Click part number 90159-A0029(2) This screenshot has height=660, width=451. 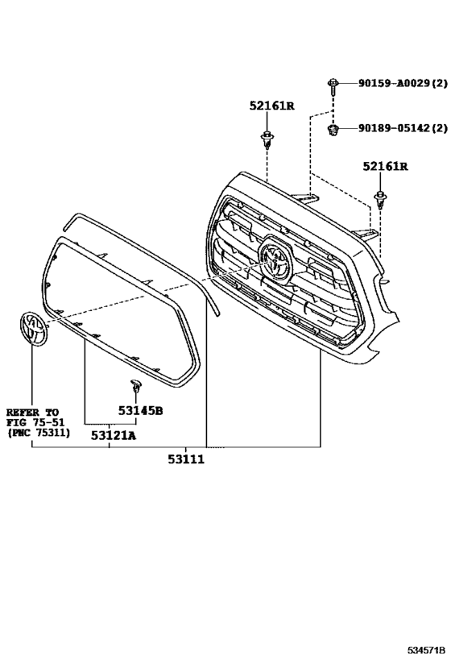tap(403, 83)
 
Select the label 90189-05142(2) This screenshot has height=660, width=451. tap(403, 127)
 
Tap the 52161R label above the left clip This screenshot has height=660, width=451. tap(271, 106)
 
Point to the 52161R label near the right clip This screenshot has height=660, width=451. tap(386, 167)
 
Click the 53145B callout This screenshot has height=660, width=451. tap(140, 410)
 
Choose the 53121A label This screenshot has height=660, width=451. tap(114, 435)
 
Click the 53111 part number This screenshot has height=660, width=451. tap(186, 459)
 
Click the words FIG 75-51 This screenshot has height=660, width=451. tap(35, 422)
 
